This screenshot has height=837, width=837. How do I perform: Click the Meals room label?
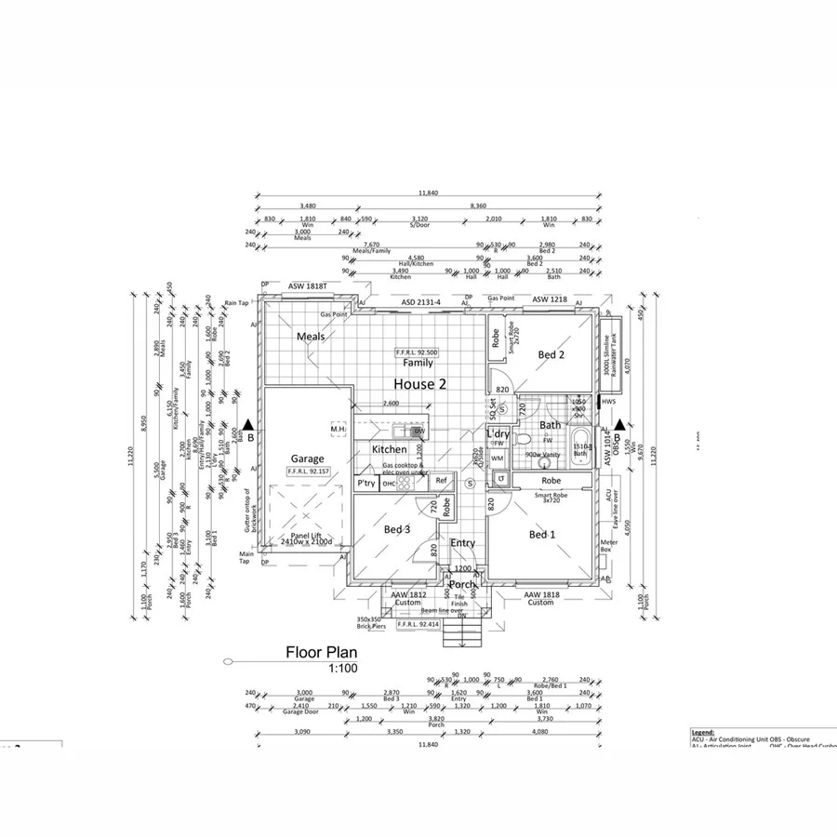tap(310, 337)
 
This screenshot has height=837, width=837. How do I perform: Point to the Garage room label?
tap(307, 458)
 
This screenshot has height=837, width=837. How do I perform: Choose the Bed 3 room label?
tap(397, 529)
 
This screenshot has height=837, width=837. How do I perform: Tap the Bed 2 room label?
tap(551, 354)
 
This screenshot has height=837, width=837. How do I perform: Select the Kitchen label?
tap(389, 449)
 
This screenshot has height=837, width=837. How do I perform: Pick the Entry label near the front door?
tap(462, 543)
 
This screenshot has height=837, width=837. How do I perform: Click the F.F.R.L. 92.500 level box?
tap(417, 352)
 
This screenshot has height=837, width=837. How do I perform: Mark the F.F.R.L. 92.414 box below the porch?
tap(418, 625)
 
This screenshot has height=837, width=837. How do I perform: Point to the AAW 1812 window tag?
tap(407, 594)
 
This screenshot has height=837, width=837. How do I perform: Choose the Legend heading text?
tap(703, 732)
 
